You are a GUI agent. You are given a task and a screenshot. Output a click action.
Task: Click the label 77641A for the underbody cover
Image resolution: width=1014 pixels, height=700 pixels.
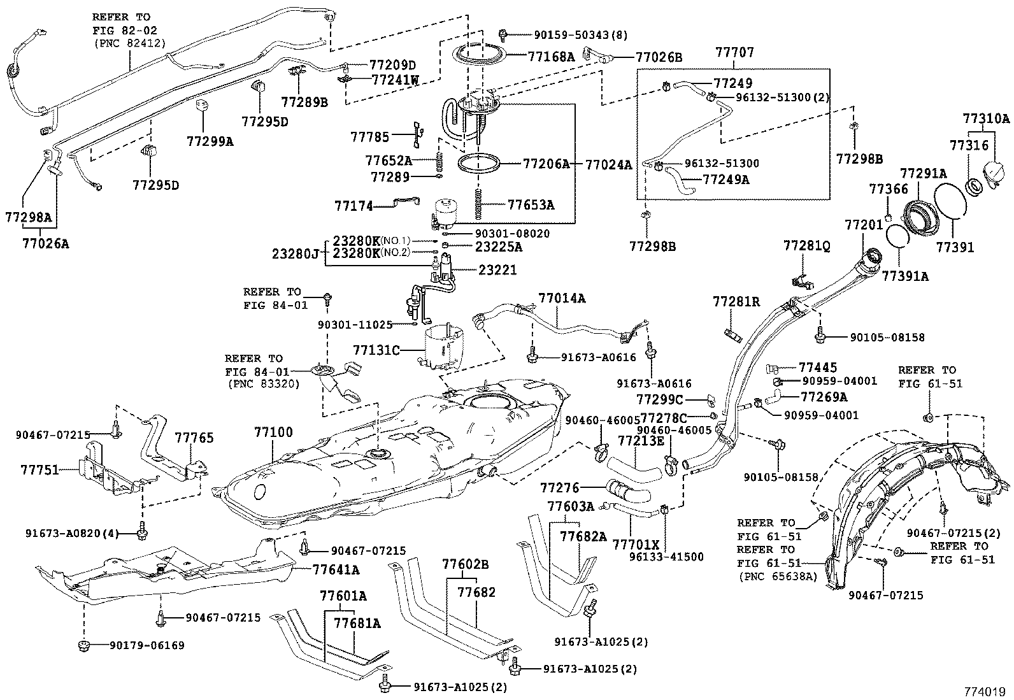336,569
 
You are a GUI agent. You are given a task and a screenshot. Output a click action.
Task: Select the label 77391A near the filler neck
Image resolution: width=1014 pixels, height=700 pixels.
905,276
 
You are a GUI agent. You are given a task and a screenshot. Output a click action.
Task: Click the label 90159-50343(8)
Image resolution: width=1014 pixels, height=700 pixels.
564,34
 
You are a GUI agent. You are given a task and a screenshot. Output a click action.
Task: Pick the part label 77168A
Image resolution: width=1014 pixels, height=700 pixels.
551,57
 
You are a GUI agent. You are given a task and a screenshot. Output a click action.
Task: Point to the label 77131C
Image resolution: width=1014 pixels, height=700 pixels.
376,350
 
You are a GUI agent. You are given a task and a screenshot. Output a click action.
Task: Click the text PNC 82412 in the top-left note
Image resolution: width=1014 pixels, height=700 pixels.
129,43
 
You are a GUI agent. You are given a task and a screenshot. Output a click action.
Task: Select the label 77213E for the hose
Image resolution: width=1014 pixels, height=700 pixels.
641,440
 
